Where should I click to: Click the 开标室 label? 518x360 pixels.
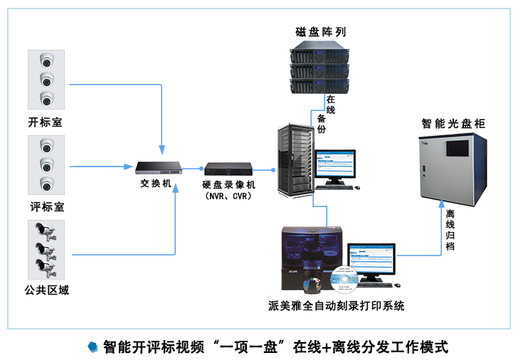point(45,122)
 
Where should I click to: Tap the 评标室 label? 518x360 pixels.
point(46,207)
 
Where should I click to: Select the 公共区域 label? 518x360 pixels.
point(46,290)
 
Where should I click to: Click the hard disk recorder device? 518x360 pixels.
point(228,169)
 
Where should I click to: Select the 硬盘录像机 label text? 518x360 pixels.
point(228,184)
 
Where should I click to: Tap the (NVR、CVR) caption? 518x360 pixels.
point(228,196)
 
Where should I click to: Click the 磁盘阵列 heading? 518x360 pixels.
point(321,32)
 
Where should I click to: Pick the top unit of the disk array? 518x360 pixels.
point(322,53)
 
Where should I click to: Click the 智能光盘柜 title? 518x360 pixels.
point(453,123)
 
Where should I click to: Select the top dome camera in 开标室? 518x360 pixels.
point(47,60)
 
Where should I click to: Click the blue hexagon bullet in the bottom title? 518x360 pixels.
point(92,346)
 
